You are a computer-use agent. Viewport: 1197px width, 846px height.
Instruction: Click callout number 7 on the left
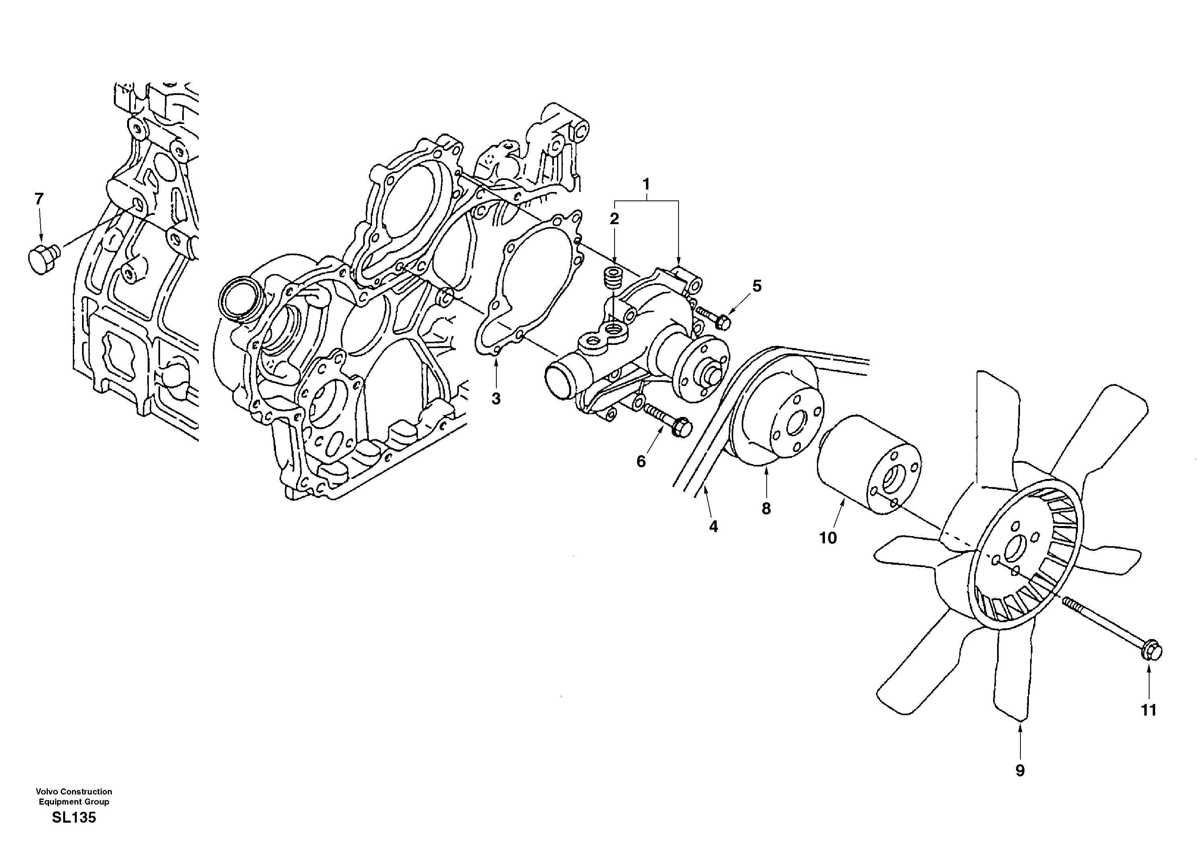coord(39,199)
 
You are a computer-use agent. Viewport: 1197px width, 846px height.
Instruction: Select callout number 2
coord(614,219)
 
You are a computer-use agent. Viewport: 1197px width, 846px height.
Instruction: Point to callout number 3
coord(496,398)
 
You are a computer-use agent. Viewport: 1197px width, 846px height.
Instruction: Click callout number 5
coord(757,286)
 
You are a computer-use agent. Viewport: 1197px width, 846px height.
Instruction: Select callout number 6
coord(641,461)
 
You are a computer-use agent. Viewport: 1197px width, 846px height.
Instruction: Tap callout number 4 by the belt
coord(713,527)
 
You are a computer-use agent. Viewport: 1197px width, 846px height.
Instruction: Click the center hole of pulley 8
coord(794,425)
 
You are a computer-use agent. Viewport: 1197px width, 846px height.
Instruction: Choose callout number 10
coord(828,538)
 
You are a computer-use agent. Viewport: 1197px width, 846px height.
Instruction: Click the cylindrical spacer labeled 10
coord(855,464)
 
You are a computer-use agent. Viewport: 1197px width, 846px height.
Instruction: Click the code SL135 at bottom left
coord(74,817)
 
